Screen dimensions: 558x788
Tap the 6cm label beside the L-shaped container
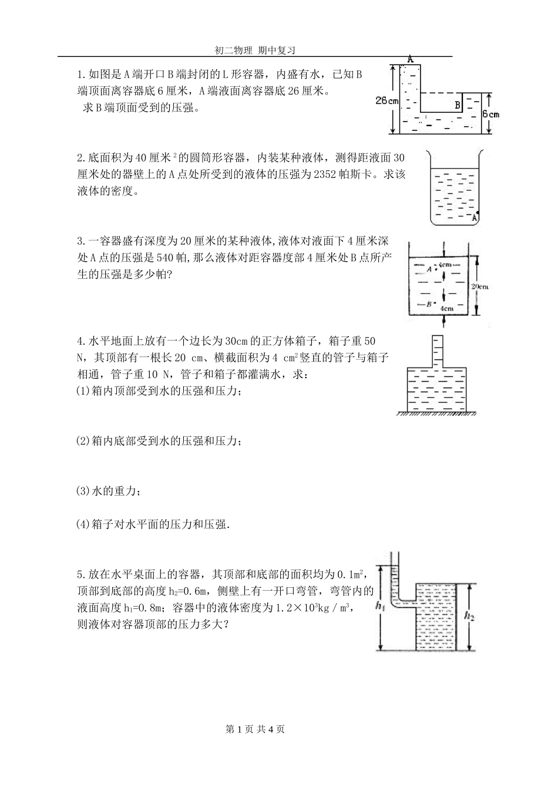[x=490, y=114]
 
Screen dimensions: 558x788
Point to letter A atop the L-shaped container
[x=410, y=59]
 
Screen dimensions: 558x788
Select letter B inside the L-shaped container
[x=456, y=106]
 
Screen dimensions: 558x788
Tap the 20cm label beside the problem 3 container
[x=480, y=286]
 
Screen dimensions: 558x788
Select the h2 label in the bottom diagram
[x=469, y=615]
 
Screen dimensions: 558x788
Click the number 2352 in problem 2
[x=327, y=174]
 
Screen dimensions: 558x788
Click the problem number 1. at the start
[x=81, y=75]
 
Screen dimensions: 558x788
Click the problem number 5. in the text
[x=81, y=574]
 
